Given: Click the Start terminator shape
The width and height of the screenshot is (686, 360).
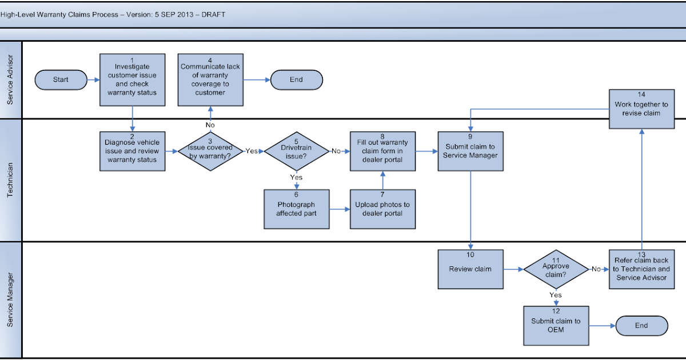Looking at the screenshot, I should coord(61,80).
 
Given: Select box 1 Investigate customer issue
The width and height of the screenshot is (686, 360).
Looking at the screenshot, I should coord(132,80).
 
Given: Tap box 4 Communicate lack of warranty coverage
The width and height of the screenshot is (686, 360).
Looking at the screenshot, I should coord(210,80).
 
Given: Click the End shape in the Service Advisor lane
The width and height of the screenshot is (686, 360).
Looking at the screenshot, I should coord(296,80).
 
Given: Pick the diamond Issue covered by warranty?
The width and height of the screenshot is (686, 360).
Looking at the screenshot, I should coord(210,151).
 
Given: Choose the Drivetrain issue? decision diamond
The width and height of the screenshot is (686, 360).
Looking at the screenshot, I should coord(297,151).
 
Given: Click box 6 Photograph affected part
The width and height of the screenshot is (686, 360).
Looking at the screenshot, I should coord(296,209).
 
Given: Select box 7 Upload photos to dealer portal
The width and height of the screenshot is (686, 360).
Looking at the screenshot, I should coord(382,209).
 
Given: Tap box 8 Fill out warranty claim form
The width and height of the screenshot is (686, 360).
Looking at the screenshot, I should coord(382,151).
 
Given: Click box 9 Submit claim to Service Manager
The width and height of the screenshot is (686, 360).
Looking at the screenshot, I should coord(470,151).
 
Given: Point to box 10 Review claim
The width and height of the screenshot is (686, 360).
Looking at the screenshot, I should coord(470,269).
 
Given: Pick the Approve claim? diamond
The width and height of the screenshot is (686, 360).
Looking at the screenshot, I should coord(556,269).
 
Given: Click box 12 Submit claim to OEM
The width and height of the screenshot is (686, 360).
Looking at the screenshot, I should coord(556,326).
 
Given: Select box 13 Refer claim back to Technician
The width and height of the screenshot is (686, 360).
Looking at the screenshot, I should coord(641,269).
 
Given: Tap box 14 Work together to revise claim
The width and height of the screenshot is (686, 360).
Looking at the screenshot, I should coord(641,109).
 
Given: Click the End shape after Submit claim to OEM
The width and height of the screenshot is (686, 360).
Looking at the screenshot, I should coord(641,326).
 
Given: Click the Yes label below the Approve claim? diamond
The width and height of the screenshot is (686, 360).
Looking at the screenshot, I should coord(556,295).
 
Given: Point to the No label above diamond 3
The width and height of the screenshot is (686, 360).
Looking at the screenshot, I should coord(210,125).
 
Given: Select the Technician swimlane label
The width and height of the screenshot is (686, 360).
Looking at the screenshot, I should coord(10,180).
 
